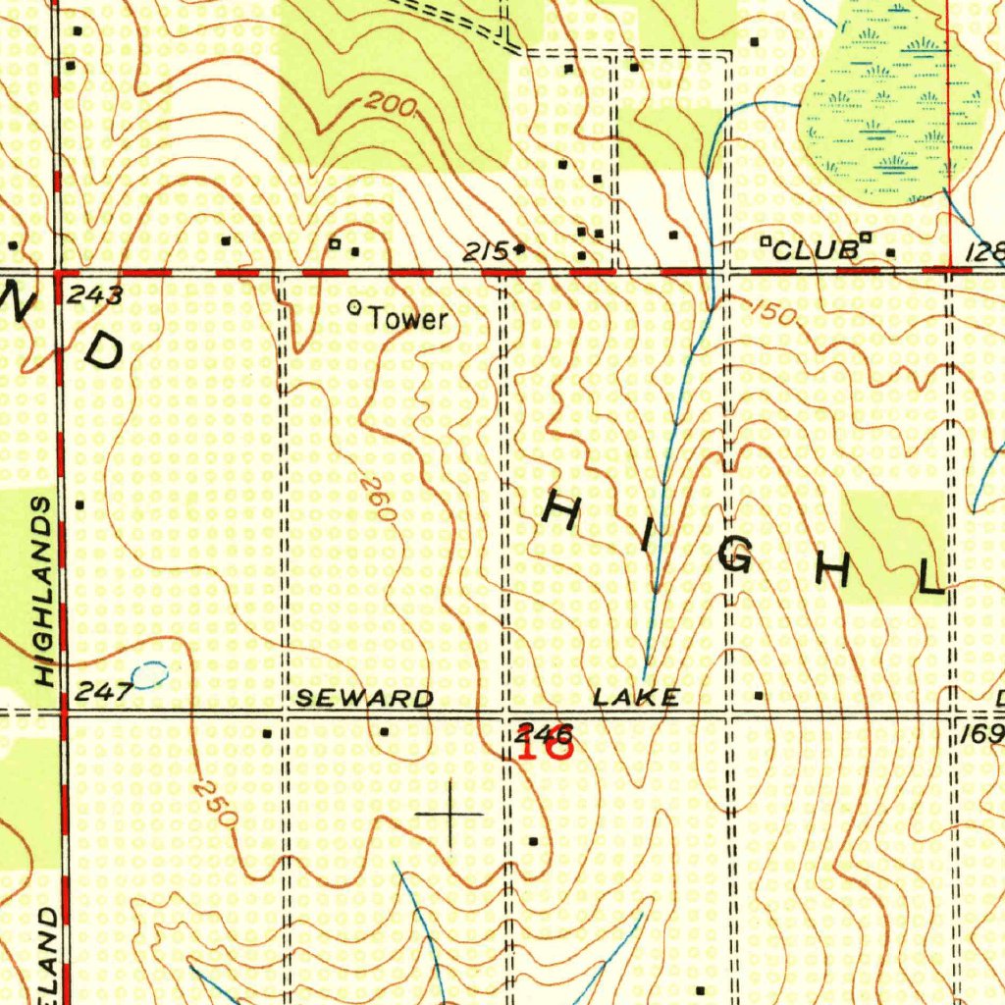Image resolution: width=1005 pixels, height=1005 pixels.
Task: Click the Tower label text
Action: click(x=408, y=319)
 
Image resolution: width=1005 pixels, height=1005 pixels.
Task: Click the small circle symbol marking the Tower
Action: click(x=355, y=308)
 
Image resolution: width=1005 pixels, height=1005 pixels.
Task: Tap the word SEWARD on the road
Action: click(x=364, y=698)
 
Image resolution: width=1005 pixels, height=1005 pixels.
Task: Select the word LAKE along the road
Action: click(x=636, y=698)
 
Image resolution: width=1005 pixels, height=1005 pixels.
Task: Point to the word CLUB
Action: click(x=814, y=250)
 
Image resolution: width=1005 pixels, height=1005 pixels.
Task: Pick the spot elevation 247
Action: click(x=103, y=692)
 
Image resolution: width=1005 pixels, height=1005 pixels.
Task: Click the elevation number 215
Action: click(x=485, y=252)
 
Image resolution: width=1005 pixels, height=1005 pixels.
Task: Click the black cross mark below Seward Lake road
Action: click(x=450, y=814)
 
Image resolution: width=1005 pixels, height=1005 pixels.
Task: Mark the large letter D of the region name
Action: click(x=103, y=348)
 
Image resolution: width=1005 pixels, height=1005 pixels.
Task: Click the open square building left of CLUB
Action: click(x=766, y=239)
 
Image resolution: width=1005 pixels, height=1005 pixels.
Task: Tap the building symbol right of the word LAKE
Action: click(x=759, y=695)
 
